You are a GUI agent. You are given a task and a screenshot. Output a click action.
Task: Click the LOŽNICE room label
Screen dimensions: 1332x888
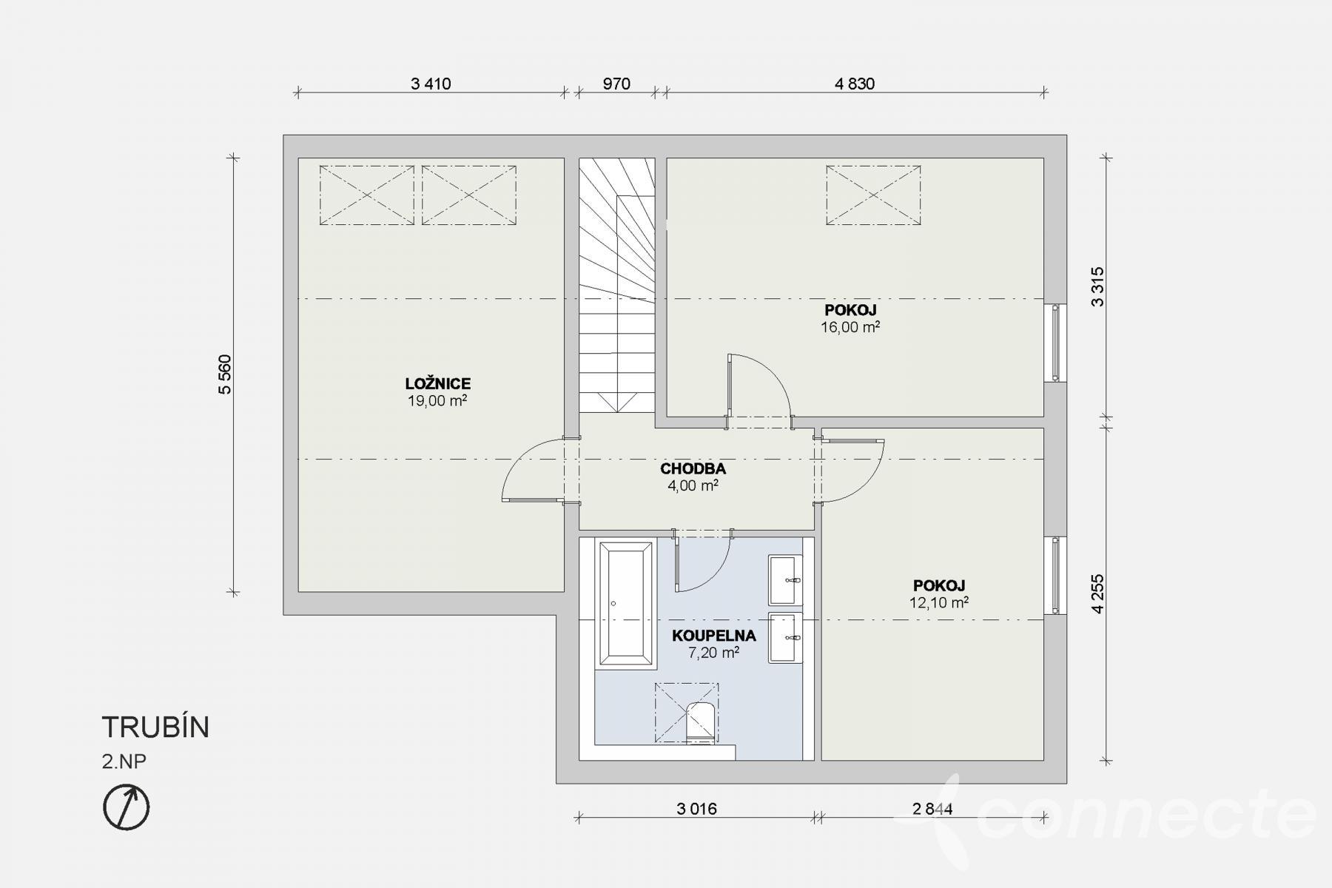point(438,383)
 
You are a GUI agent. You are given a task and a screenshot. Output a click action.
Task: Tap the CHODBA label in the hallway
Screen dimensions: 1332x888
point(693,468)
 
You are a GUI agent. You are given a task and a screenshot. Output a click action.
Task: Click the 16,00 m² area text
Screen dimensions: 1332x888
point(850,326)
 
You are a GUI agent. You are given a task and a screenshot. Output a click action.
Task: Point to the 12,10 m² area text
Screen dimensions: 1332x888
point(939,602)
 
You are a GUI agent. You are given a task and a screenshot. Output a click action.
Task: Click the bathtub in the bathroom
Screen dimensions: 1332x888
point(626,603)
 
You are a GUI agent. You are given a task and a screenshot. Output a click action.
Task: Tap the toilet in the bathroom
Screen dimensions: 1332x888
point(700,721)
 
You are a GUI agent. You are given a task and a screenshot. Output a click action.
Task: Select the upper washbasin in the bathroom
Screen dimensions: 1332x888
point(785,579)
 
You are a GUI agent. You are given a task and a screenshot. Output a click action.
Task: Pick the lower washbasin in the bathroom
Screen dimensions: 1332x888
point(785,637)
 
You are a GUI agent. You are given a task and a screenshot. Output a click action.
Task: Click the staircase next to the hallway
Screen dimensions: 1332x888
point(616,285)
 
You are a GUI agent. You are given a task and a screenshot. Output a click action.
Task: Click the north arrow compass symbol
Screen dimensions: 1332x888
point(126,807)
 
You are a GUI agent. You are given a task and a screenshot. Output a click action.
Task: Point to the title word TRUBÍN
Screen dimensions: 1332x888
point(155,727)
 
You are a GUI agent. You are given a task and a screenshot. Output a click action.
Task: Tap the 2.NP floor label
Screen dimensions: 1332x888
point(124,761)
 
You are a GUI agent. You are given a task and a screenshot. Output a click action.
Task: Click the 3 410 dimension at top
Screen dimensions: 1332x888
point(431,84)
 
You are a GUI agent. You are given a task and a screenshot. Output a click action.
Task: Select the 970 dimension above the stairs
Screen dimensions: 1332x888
point(616,84)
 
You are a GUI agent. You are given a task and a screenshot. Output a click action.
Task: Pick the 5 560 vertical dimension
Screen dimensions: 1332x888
point(225,374)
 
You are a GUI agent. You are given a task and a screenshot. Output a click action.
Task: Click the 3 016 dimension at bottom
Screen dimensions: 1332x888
point(697,809)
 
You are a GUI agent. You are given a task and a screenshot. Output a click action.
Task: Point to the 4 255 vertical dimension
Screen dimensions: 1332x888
point(1097,593)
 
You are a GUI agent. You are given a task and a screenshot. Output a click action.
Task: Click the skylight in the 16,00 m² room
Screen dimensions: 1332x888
point(874,195)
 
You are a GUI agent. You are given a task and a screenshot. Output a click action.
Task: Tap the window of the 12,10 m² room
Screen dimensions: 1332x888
point(1056,575)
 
